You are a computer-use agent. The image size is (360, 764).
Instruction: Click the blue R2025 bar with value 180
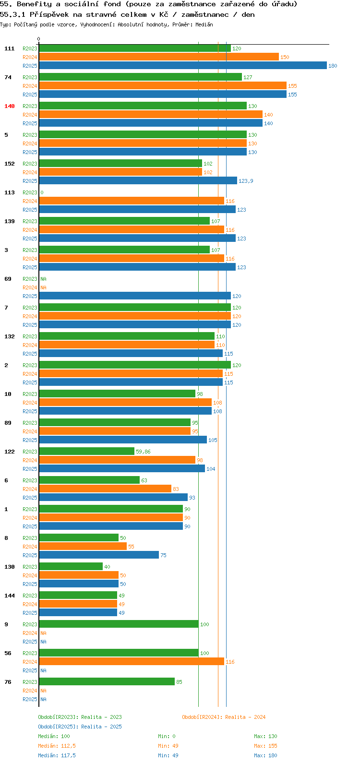pyautogui.click(x=183, y=65)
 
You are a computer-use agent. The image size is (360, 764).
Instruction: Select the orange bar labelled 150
pyautogui.click(x=159, y=57)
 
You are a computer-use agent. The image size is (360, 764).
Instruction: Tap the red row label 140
pyautogui.click(x=10, y=106)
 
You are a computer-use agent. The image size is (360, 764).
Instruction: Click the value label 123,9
pyautogui.click(x=246, y=181)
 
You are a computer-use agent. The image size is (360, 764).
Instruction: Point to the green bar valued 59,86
pyautogui.click(x=87, y=451)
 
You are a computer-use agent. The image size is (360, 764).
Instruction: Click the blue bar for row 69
pyautogui.click(x=135, y=296)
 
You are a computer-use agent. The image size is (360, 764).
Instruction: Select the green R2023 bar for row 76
pyautogui.click(x=107, y=681)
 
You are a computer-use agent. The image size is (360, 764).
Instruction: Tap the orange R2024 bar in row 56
pyautogui.click(x=132, y=661)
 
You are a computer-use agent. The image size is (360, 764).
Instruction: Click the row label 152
pyautogui.click(x=10, y=164)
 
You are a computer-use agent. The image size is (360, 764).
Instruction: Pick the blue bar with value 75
pyautogui.click(x=99, y=555)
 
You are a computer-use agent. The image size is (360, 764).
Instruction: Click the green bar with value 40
pyautogui.click(x=71, y=566)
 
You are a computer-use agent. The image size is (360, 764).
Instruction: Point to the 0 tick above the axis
pyautogui.click(x=38, y=39)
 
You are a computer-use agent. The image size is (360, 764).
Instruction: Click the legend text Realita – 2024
pyautogui.click(x=245, y=717)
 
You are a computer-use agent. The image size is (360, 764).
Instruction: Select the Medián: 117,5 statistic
pyautogui.click(x=57, y=755)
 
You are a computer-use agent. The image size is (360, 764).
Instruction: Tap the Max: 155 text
pyautogui.click(x=265, y=746)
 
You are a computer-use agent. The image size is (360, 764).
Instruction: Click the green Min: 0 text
pyautogui.click(x=167, y=736)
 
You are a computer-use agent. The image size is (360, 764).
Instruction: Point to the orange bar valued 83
pyautogui.click(x=105, y=489)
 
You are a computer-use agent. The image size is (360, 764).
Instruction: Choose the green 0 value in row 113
pyautogui.click(x=42, y=192)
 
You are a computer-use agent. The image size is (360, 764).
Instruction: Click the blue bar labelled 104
pyautogui.click(x=122, y=469)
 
